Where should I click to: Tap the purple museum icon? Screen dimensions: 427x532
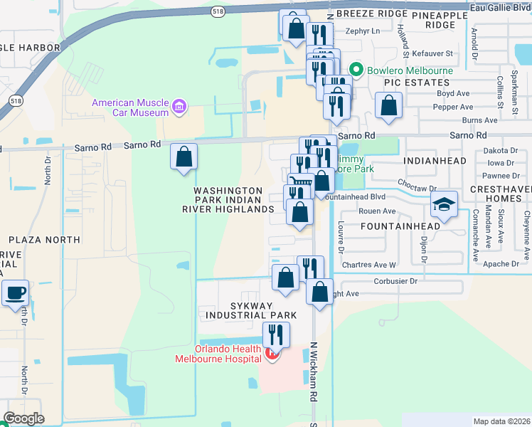179,107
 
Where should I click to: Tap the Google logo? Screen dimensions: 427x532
23,418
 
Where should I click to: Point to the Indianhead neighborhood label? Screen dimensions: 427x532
435,162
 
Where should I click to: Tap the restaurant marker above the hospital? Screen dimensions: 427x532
276,334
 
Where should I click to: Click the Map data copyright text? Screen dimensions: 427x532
502,421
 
